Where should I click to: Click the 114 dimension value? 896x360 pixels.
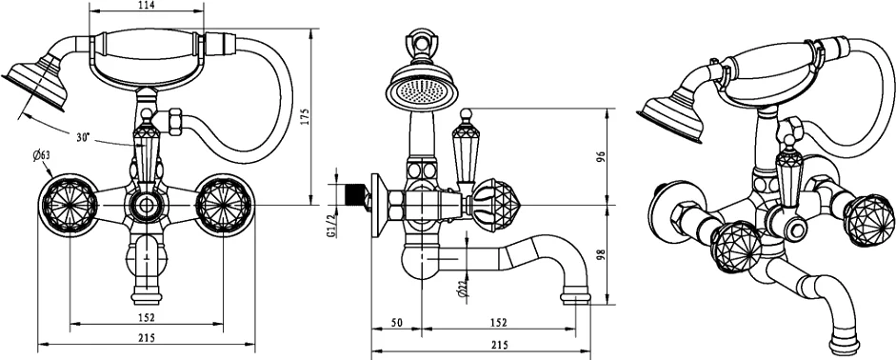[x=147, y=5]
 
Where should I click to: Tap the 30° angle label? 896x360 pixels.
[x=84, y=138]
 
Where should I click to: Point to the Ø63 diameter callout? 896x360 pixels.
[x=41, y=154]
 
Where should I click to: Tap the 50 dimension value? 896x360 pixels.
[x=397, y=323]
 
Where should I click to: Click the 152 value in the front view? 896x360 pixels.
[x=147, y=318]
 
